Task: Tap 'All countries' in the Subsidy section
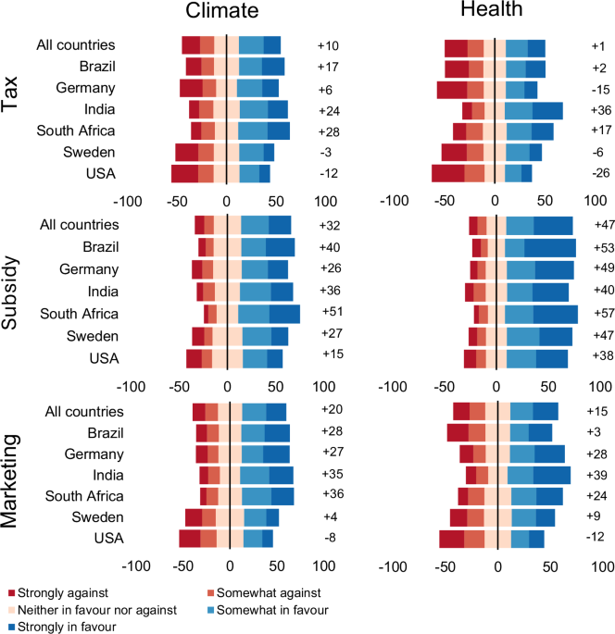click(80, 224)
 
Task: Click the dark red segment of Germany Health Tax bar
click(452, 90)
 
